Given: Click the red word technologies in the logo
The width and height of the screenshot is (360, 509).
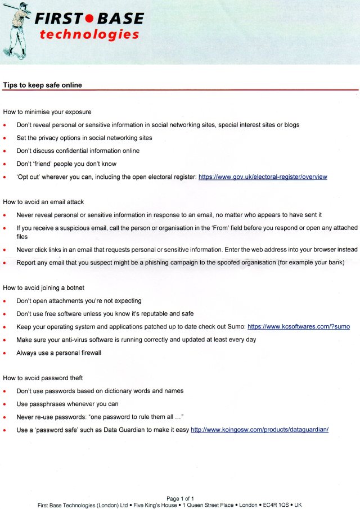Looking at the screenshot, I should pos(89,35).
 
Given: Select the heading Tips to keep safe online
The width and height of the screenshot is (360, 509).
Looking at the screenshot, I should pos(43,85).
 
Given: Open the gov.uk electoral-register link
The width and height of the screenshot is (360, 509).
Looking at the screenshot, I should pos(263,177).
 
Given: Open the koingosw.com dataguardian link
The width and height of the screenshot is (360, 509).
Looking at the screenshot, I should pos(259,430).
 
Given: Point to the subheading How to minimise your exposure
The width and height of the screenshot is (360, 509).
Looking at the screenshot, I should pos(47,112).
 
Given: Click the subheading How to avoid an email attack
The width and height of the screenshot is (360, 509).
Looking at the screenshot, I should pos(43,202).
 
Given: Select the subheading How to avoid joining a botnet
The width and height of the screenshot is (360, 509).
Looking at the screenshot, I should pos(43,288).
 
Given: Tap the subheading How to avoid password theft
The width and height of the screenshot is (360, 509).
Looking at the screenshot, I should pos(43,378).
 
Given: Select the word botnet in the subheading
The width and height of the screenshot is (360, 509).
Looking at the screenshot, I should pos(75,288).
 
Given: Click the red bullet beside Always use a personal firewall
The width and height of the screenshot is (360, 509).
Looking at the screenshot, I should pos(5,353).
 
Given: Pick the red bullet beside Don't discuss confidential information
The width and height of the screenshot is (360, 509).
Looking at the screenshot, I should pos(5,151).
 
